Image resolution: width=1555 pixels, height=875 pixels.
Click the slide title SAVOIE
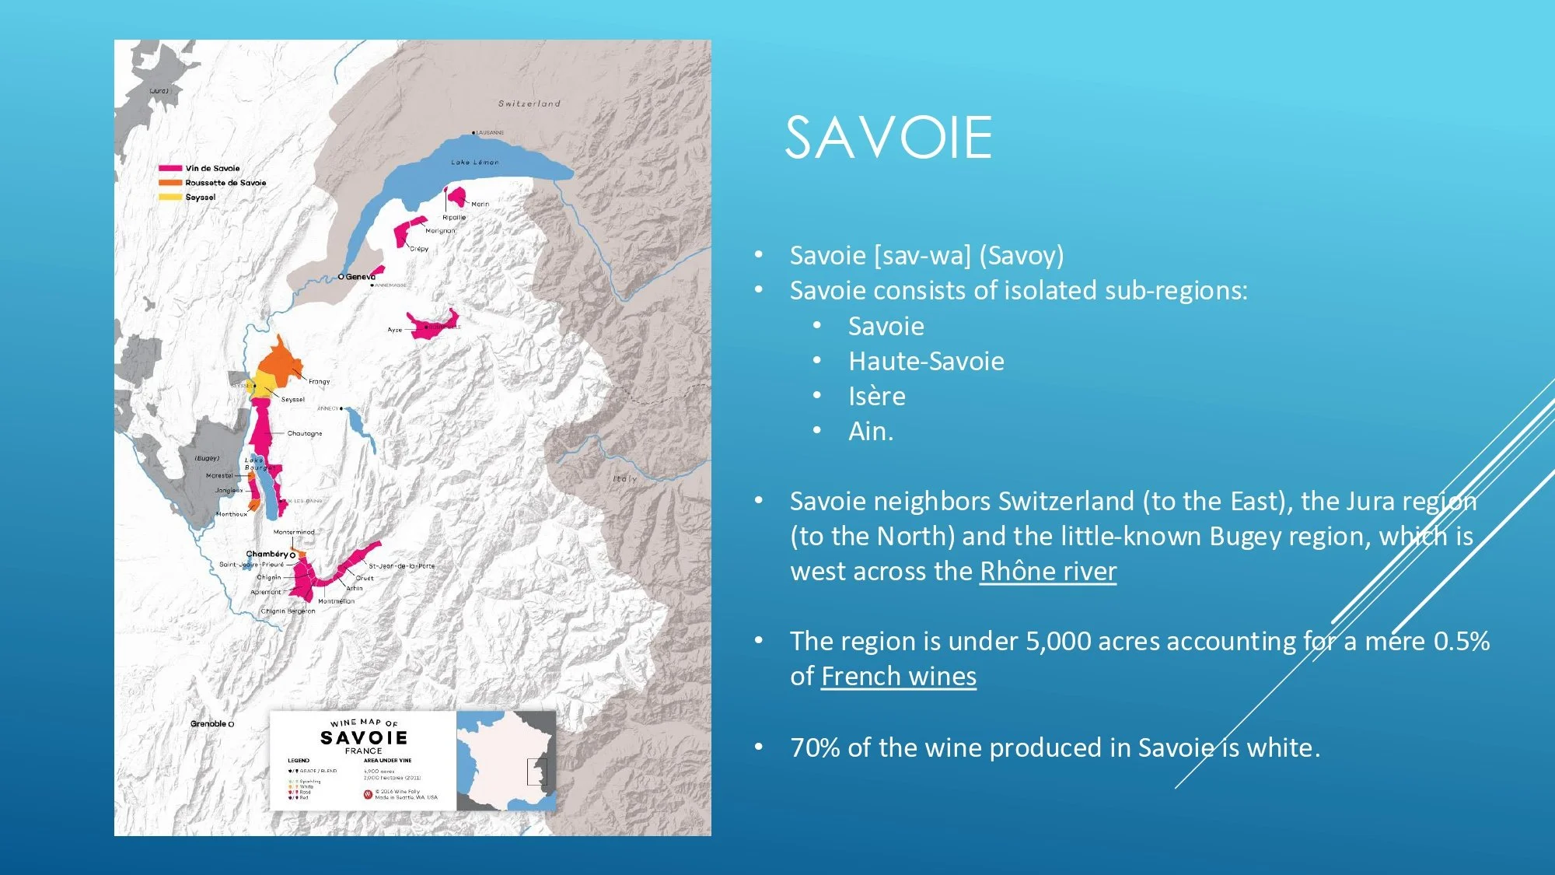click(888, 138)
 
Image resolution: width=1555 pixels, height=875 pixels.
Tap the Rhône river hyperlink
click(1047, 572)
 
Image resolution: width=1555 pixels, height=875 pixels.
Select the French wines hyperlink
click(898, 677)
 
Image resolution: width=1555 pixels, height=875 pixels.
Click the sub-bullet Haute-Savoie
click(925, 362)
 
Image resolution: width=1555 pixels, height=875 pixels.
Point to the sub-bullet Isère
click(876, 397)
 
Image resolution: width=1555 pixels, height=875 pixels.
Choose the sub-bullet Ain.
click(870, 432)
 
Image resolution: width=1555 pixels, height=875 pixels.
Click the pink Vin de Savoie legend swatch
click(170, 168)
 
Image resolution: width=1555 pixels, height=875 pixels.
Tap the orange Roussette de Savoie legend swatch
click(170, 183)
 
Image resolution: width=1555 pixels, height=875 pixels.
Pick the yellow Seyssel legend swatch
click(170, 198)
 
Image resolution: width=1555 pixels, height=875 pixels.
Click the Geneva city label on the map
click(359, 277)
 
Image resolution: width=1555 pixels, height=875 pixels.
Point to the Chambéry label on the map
click(267, 554)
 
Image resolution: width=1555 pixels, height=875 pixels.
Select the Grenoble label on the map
click(208, 724)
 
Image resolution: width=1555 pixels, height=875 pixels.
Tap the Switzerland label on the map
click(529, 103)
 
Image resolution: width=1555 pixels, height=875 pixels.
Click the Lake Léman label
click(474, 163)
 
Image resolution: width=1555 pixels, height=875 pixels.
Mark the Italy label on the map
click(624, 479)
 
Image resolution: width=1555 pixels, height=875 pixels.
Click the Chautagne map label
click(304, 433)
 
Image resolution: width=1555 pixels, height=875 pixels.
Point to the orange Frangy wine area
click(278, 359)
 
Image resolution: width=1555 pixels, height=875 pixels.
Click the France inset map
click(506, 761)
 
